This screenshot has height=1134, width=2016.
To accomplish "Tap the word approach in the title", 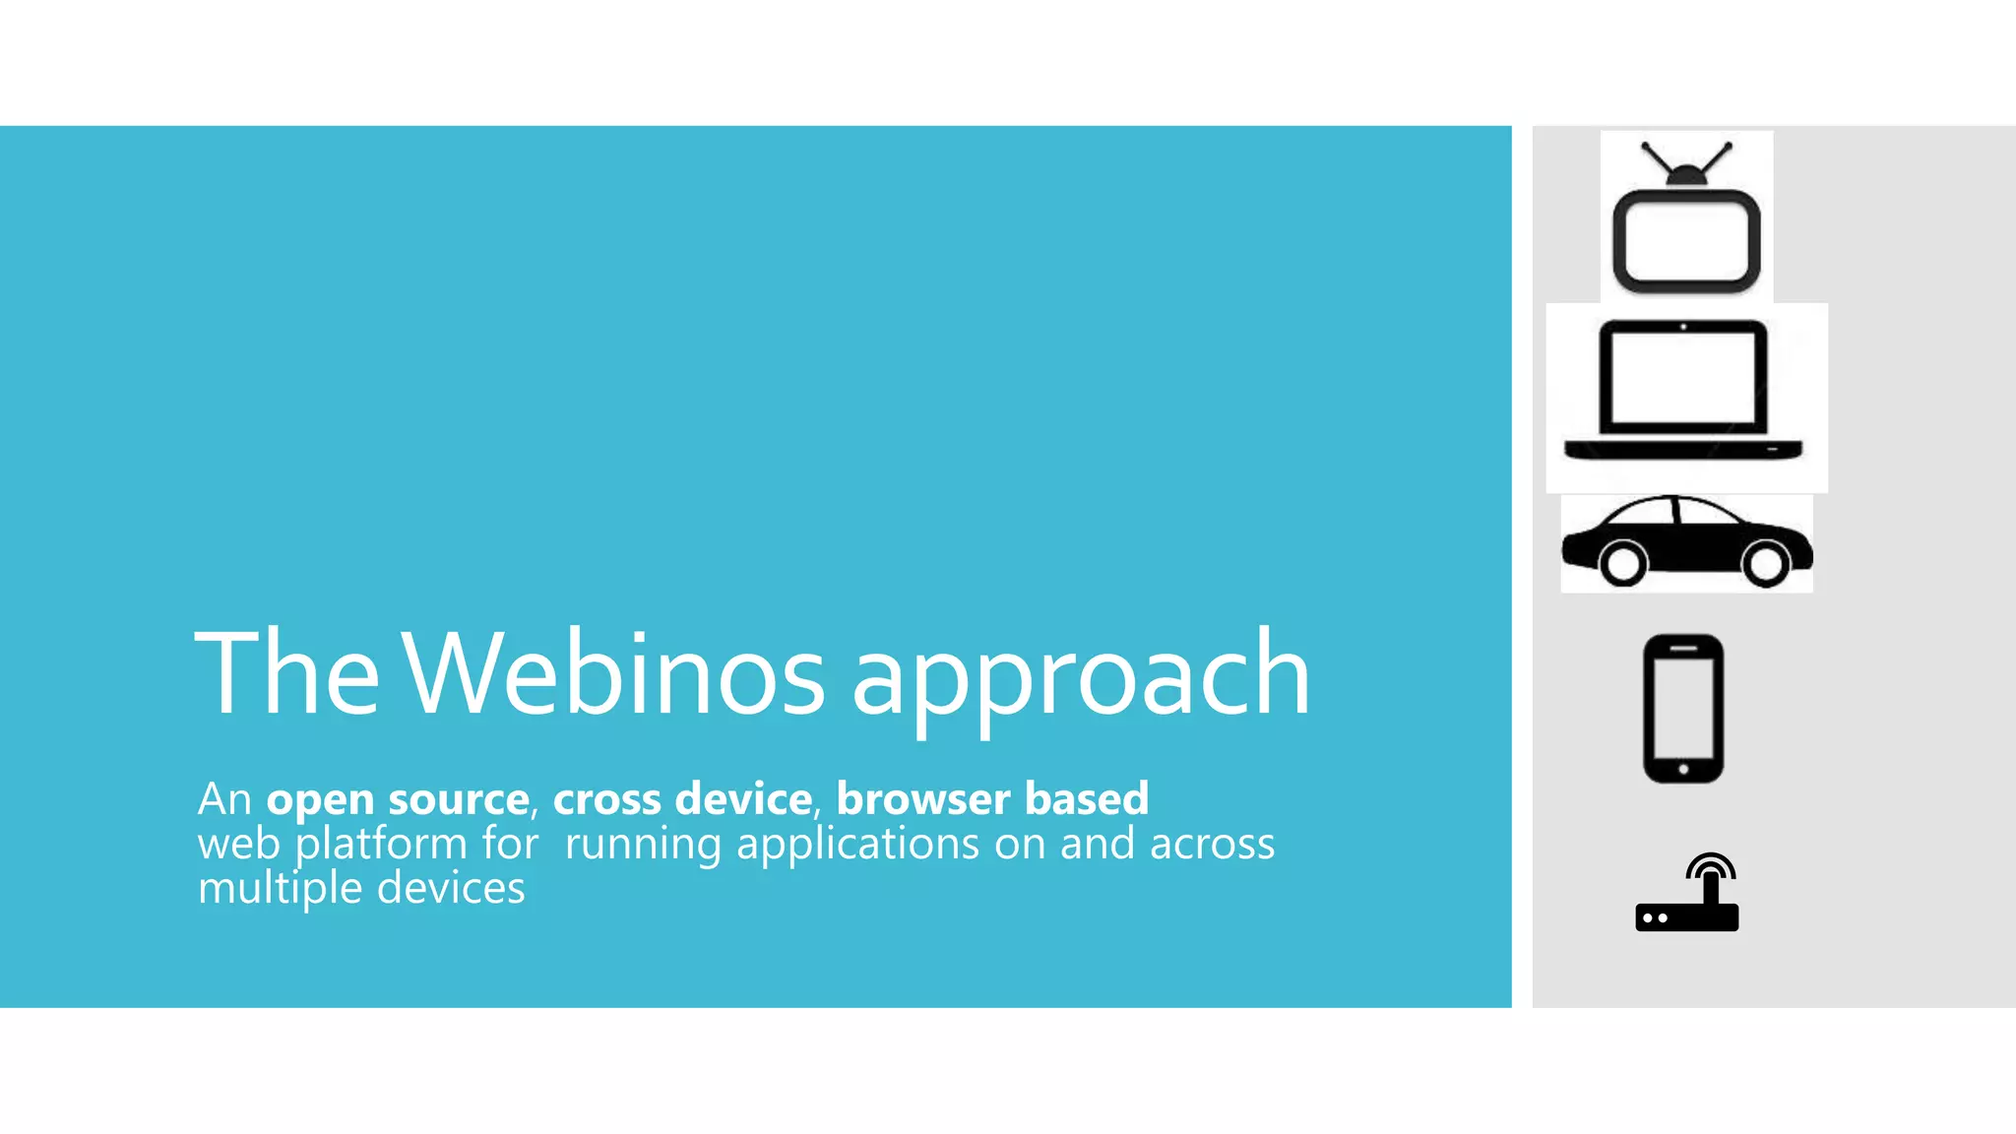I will point(1081,679).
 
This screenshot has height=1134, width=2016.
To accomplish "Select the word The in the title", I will point(286,674).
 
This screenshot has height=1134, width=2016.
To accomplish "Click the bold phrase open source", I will point(398,798).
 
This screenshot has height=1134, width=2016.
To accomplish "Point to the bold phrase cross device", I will point(682,798).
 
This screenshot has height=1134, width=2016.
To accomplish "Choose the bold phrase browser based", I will point(992,798).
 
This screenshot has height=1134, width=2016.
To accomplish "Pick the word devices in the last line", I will point(451,888).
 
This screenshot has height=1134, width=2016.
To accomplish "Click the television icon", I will point(1686,218).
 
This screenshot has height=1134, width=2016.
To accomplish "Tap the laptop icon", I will point(1684,390).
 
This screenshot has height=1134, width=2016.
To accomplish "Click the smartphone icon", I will point(1683,709).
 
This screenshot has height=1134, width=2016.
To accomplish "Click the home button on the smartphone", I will point(1683,769).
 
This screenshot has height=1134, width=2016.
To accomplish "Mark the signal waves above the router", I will point(1711,864).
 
